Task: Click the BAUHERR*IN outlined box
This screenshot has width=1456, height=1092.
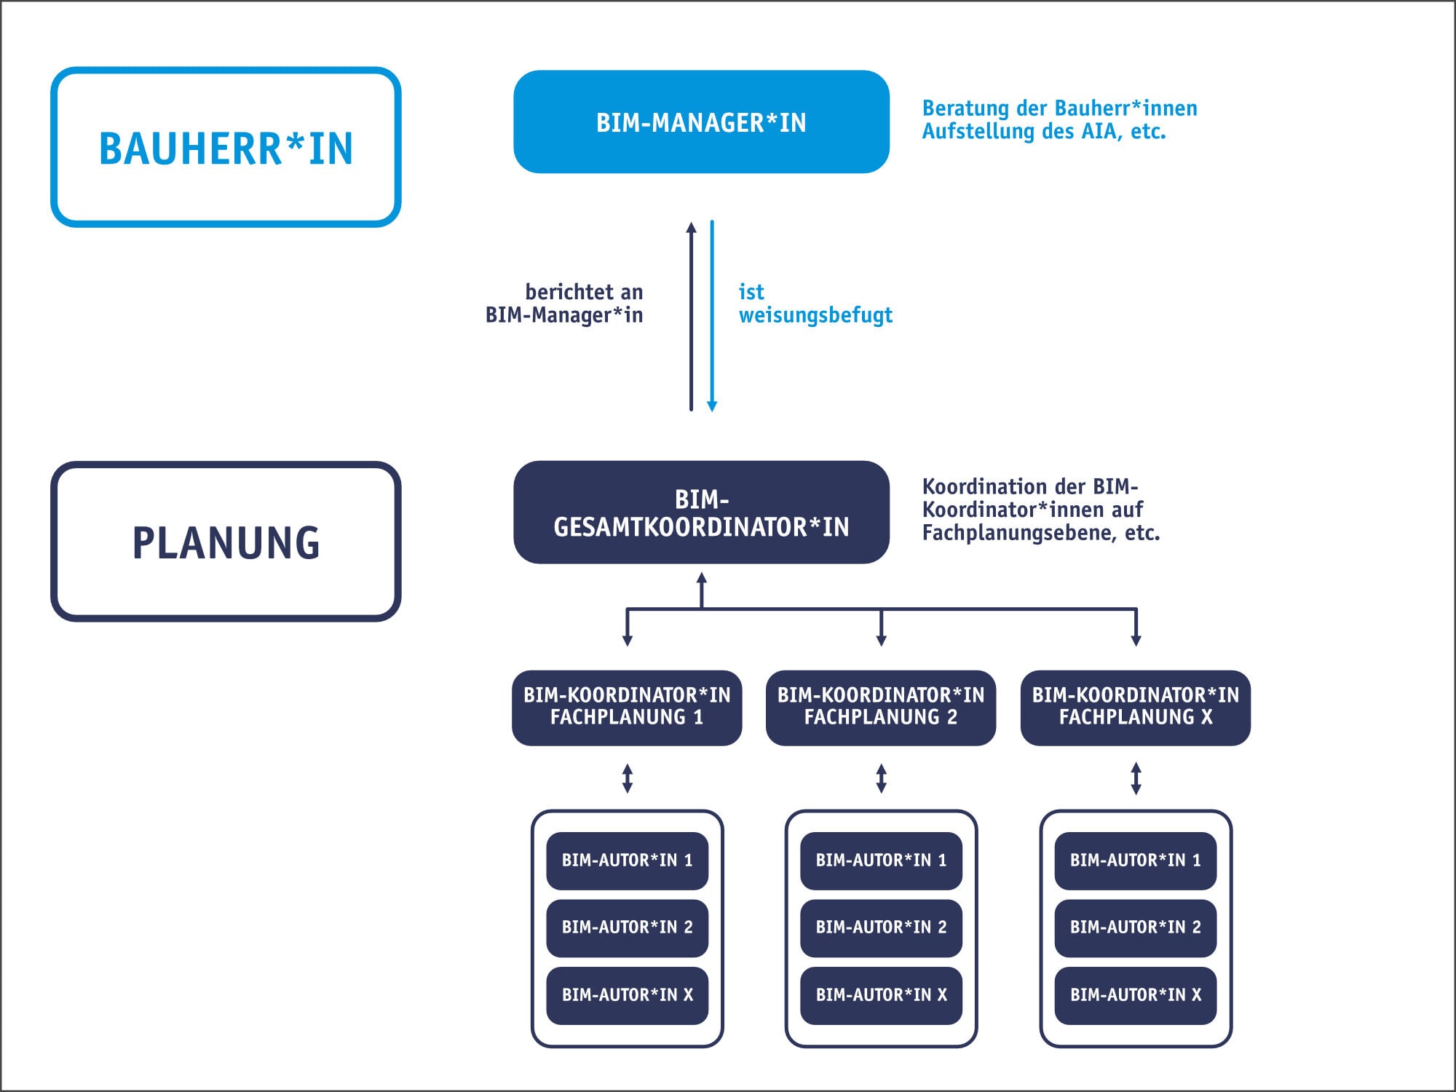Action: [x=226, y=148]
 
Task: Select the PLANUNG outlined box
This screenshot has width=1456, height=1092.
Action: [x=226, y=542]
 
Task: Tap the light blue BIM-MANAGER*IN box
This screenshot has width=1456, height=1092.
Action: [x=701, y=122]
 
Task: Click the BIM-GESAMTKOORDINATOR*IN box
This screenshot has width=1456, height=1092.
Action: [x=701, y=512]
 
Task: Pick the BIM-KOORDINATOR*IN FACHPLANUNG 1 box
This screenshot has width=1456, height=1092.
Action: [x=627, y=707]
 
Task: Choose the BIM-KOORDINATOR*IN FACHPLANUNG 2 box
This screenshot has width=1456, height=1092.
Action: [x=881, y=707]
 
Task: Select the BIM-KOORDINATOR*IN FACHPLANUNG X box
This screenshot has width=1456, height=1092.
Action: [x=1135, y=707]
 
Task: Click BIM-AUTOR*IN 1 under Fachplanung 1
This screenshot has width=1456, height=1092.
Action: [x=627, y=860]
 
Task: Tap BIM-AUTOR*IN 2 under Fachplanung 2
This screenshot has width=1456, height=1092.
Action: [x=881, y=927]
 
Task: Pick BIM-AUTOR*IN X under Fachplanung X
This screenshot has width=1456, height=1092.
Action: [x=1135, y=995]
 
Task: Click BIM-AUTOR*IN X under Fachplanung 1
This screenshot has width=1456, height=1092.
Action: [x=627, y=995]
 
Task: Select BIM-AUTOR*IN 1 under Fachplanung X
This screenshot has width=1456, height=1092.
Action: [x=1135, y=860]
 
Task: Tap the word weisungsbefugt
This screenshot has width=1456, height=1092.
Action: [x=815, y=315]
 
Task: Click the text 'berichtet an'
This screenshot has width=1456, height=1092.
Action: [x=584, y=292]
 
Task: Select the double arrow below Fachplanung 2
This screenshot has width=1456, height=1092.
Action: [x=881, y=778]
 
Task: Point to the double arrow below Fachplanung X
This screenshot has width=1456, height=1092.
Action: [x=1136, y=778]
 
